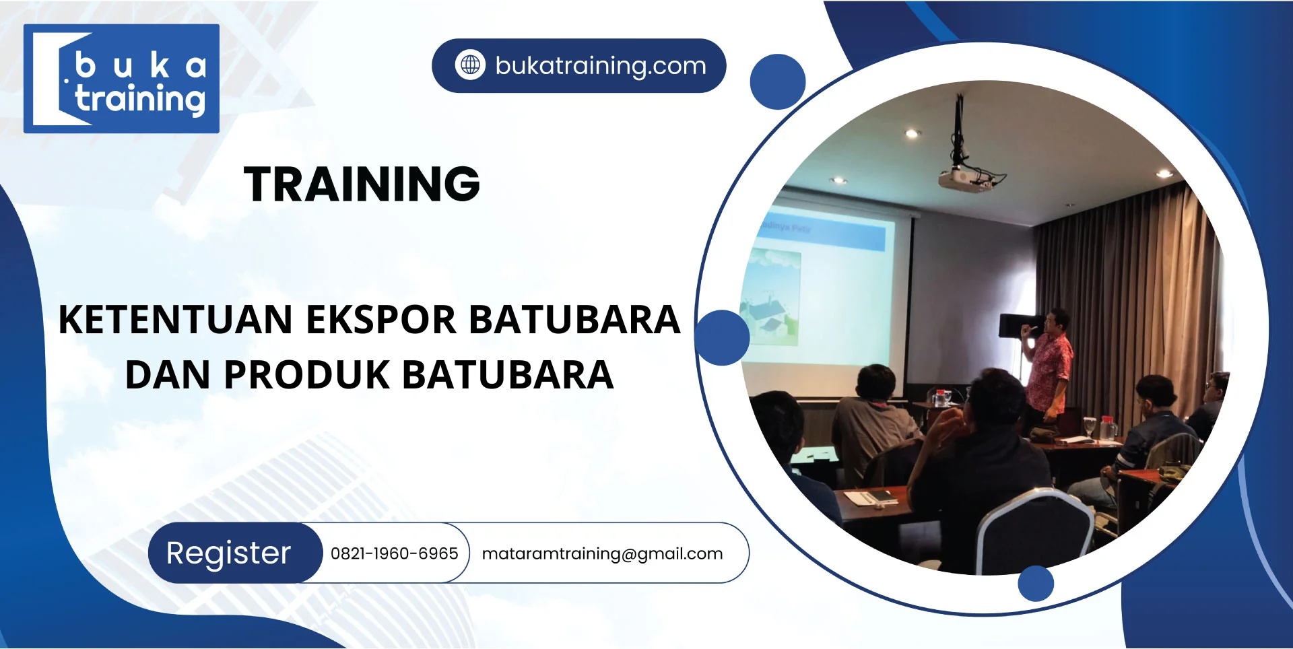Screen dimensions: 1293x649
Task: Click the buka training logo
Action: coord(121,79)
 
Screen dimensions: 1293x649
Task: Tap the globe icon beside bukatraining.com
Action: coord(470,65)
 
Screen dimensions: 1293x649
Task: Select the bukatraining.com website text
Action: coord(601,66)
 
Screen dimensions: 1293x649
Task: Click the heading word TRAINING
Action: coord(362,184)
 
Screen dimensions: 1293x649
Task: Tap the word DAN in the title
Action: coord(168,374)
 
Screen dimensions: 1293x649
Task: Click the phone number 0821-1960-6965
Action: coord(394,553)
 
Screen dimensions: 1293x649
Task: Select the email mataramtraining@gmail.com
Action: coord(602,554)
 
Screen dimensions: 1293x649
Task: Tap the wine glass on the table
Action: coord(1089,426)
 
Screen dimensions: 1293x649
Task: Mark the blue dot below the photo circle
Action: coord(1036,583)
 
